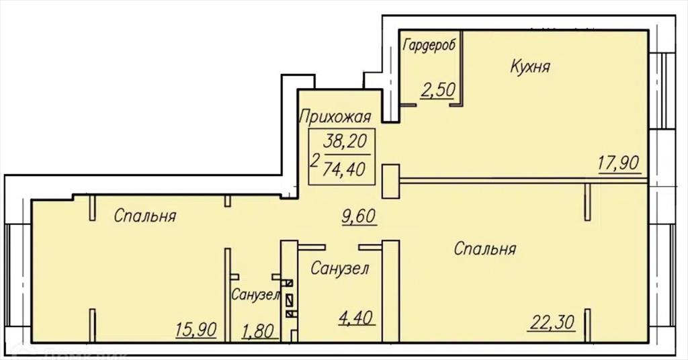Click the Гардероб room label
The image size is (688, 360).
tap(429, 46)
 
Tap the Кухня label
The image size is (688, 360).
tap(531, 66)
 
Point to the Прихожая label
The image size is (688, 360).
tap(335, 117)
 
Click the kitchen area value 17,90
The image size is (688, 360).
tap(618, 164)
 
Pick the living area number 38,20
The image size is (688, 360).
tap(345, 141)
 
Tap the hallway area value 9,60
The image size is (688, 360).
tap(359, 216)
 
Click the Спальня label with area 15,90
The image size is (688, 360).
tap(145, 216)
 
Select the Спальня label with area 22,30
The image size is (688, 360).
tap(485, 249)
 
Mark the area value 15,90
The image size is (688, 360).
tap(196, 329)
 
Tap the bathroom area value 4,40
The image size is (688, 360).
tap(357, 316)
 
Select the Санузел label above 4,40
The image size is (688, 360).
tap(339, 269)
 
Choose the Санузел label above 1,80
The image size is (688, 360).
tap(256, 295)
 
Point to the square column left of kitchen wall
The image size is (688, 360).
tap(391, 181)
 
